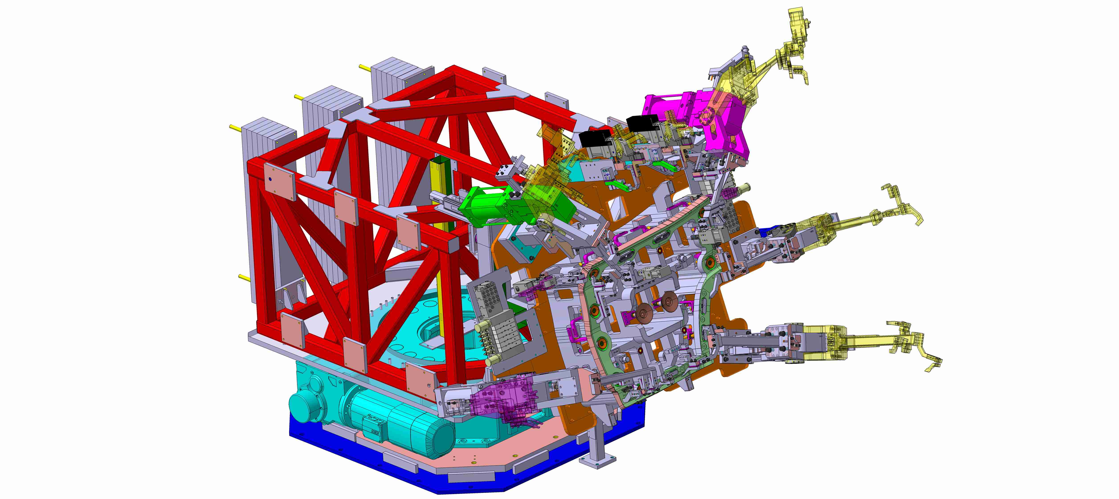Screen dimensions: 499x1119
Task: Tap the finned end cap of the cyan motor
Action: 441,438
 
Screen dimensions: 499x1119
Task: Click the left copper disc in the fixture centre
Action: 644,311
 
